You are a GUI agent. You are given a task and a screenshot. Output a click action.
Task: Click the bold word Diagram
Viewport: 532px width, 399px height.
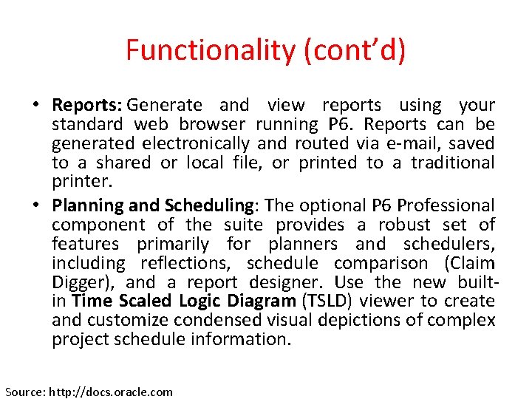[252, 301]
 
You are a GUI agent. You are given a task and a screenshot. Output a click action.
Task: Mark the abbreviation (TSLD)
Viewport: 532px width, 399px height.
[327, 301]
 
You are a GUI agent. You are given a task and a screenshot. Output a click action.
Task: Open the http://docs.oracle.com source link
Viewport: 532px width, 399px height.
[111, 392]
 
